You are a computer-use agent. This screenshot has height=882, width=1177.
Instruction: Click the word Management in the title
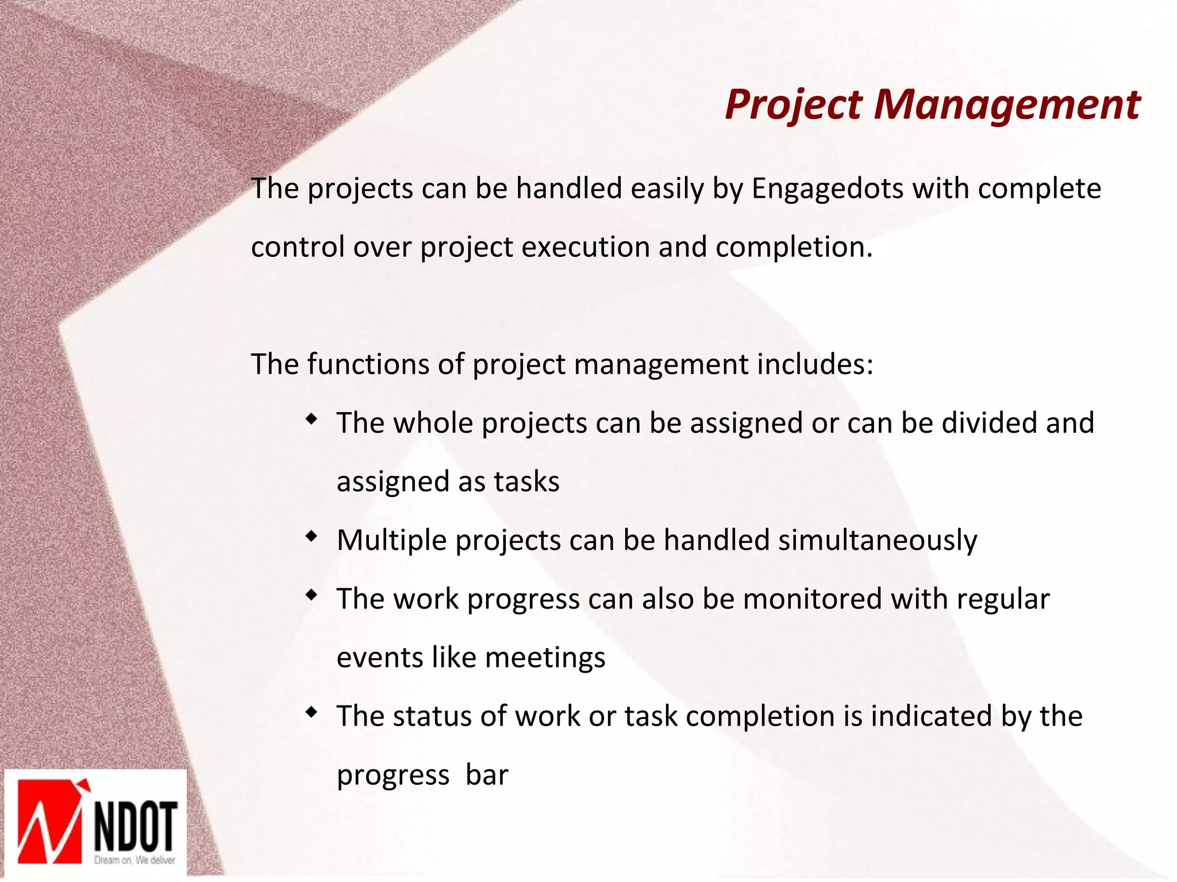tap(1007, 105)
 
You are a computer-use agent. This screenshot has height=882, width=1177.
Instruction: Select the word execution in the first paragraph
tap(586, 248)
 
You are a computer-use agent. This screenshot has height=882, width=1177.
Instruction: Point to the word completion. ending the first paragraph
tap(794, 248)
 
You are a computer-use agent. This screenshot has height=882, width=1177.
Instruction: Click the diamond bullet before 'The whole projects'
tap(311, 419)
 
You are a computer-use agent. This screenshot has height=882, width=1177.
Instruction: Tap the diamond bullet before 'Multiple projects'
tap(311, 537)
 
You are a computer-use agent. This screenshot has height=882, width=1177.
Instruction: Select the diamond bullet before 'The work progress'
tap(311, 595)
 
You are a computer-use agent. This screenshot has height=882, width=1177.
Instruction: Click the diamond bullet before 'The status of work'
tap(311, 712)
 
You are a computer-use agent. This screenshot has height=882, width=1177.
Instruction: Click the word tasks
tap(526, 482)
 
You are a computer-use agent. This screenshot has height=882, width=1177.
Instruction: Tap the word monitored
tap(813, 599)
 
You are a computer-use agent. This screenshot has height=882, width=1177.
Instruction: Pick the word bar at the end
tap(487, 775)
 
